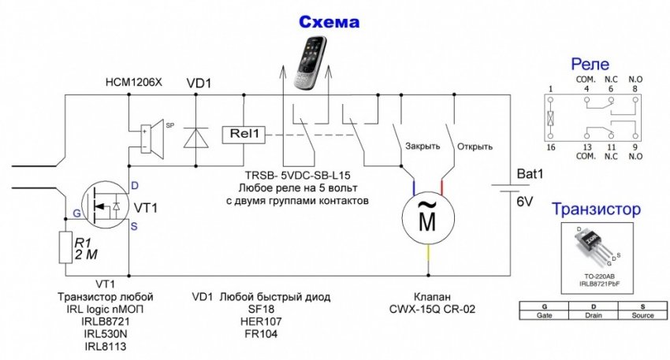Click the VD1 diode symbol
click(195, 135)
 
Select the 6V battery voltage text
click(525, 202)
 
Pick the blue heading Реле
click(592, 64)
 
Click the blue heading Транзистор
click(596, 210)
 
